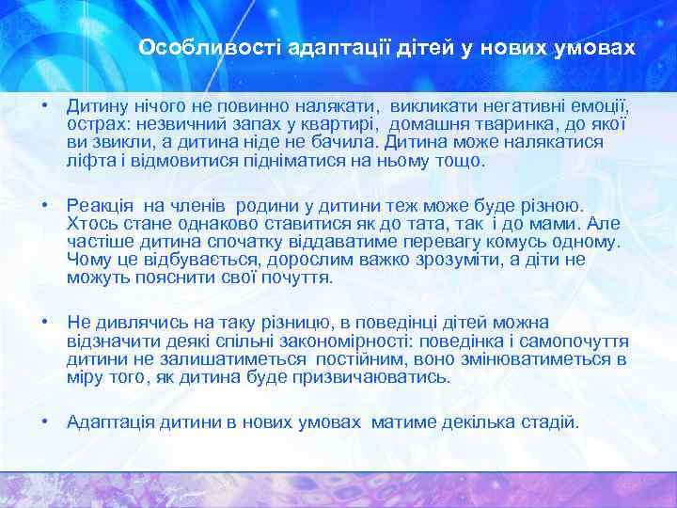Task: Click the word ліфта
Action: tap(89, 161)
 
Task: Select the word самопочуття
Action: tap(578, 341)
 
